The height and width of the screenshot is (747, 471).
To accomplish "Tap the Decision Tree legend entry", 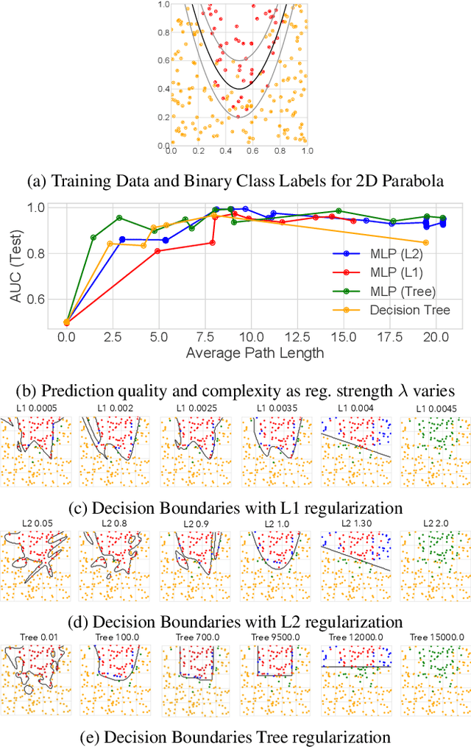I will click(409, 310).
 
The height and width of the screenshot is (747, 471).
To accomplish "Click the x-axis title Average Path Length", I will click(255, 353).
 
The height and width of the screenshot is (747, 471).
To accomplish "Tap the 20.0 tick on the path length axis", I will click(434, 336).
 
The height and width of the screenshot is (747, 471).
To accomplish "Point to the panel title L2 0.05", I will click(35, 523).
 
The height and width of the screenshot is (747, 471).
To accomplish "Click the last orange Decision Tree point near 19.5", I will click(425, 242).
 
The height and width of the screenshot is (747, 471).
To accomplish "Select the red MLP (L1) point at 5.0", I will click(157, 251).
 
